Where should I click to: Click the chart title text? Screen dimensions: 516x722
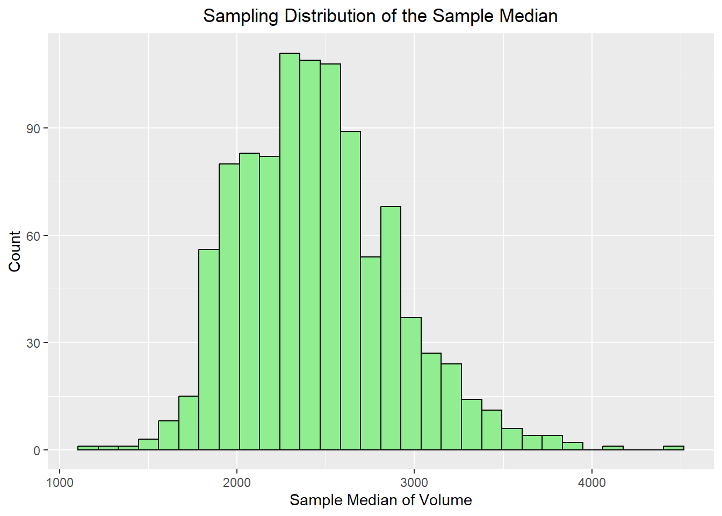(x=380, y=16)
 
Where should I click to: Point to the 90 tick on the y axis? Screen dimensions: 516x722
(x=34, y=128)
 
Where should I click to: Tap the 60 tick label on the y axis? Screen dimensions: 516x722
(x=34, y=235)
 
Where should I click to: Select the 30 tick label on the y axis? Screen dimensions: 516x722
(x=34, y=343)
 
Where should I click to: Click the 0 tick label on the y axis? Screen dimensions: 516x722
(x=37, y=450)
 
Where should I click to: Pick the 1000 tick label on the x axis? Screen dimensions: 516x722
(x=60, y=482)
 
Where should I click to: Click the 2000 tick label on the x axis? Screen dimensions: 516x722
(x=237, y=482)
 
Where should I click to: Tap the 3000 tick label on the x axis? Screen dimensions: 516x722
(x=414, y=482)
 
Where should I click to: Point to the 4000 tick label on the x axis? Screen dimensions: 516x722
(x=591, y=482)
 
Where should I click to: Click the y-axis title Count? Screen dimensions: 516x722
(x=15, y=252)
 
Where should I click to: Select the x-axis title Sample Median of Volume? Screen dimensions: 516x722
(x=380, y=500)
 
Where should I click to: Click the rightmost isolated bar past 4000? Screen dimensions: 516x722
(x=673, y=448)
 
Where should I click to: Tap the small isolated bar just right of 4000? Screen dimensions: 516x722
(x=612, y=448)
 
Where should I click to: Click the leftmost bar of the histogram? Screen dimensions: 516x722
(x=88, y=448)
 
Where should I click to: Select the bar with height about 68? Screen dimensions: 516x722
(x=391, y=328)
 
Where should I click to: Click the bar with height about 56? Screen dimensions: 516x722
(x=209, y=349)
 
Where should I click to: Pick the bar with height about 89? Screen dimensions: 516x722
(x=350, y=290)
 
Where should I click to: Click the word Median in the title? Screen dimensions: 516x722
(x=528, y=16)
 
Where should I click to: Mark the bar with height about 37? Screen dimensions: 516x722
(x=411, y=384)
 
